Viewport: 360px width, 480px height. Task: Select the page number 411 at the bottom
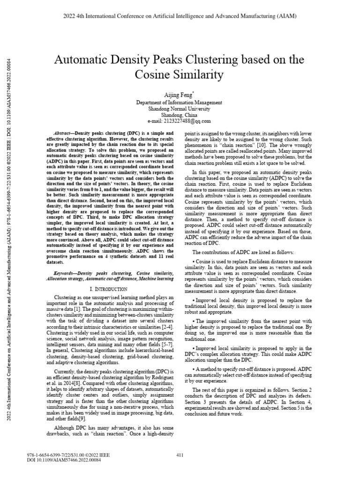click(179, 455)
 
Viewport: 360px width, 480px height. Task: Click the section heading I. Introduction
click(115, 290)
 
